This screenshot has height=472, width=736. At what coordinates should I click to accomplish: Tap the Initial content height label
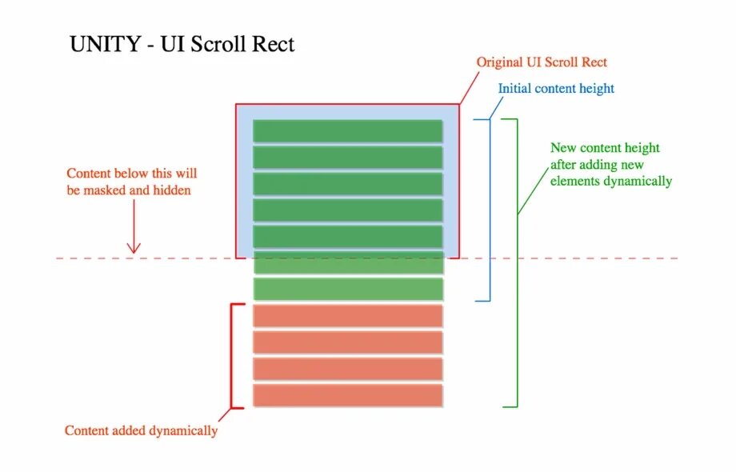coord(556,89)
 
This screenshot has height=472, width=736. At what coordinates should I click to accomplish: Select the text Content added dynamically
coord(141,430)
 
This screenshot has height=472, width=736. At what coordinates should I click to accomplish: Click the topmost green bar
coord(348,130)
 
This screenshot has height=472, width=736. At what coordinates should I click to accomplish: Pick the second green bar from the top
coord(348,157)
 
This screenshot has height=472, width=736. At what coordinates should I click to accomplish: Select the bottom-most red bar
coord(348,395)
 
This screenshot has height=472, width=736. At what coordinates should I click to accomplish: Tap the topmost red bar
coord(348,316)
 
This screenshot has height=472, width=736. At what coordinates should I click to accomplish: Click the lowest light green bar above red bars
coord(348,289)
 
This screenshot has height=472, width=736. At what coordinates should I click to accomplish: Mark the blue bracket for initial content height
coord(488,210)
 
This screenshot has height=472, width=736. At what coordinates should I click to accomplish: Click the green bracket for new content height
coord(516,262)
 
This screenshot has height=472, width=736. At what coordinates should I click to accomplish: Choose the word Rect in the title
coord(276,44)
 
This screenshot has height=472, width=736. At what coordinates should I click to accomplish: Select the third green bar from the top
coord(348,184)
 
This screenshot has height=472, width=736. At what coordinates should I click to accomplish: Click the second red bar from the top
coord(348,342)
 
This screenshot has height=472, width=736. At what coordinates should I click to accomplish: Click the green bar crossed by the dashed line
coord(348,262)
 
